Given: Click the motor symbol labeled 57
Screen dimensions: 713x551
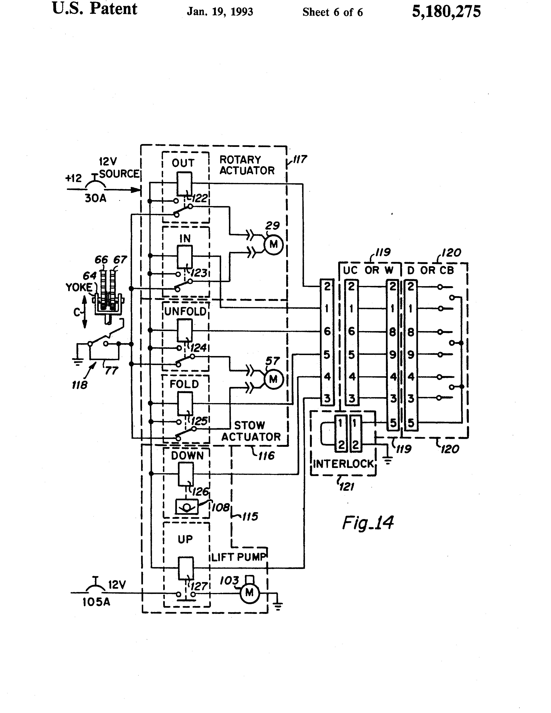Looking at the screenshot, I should (x=273, y=379).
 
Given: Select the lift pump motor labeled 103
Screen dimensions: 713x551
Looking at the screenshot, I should (x=250, y=593).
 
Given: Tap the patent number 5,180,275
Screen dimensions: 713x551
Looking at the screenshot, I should (x=446, y=12).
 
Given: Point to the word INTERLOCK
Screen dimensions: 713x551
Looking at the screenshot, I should (x=343, y=464).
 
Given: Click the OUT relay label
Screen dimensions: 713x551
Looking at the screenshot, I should (x=183, y=163).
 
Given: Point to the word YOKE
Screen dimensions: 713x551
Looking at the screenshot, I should (x=79, y=287).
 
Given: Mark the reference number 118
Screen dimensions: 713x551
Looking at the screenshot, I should (x=80, y=385).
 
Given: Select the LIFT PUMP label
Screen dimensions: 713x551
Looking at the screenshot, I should (x=239, y=557).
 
